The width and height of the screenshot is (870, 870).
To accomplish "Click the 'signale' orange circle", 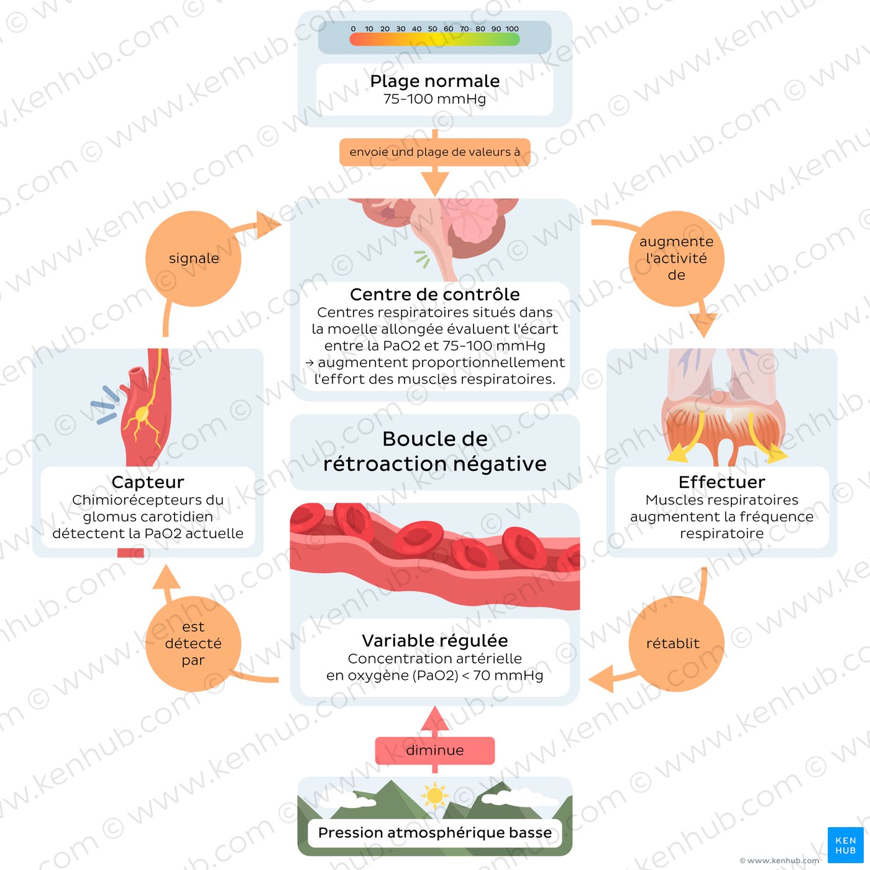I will (193, 259).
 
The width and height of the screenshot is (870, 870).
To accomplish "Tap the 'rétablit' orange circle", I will (676, 644).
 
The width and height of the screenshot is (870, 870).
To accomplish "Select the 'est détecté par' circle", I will (193, 644).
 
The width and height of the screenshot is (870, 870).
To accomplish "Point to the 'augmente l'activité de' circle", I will (676, 259).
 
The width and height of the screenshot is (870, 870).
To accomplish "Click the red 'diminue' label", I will (435, 751).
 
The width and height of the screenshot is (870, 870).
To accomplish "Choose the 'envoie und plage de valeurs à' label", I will (435, 152).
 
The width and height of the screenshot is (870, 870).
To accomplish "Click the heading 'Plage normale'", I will (435, 81).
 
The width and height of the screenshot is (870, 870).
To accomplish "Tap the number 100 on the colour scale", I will (511, 29).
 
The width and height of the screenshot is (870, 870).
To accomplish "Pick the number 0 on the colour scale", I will (353, 29).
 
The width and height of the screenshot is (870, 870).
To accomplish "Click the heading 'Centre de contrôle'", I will (435, 295).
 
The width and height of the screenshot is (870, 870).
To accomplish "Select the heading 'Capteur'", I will (148, 482).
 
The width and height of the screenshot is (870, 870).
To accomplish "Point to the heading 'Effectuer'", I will (721, 482).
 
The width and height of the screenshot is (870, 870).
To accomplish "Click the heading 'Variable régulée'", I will (435, 641).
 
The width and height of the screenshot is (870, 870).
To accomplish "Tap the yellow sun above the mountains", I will (434, 795).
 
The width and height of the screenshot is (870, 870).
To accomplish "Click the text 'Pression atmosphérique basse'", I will (435, 833).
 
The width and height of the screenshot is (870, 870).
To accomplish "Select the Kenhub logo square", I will (845, 845).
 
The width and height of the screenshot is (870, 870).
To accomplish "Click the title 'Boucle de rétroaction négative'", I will (435, 452).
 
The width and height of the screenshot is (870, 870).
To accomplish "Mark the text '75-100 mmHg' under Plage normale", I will (435, 99).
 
